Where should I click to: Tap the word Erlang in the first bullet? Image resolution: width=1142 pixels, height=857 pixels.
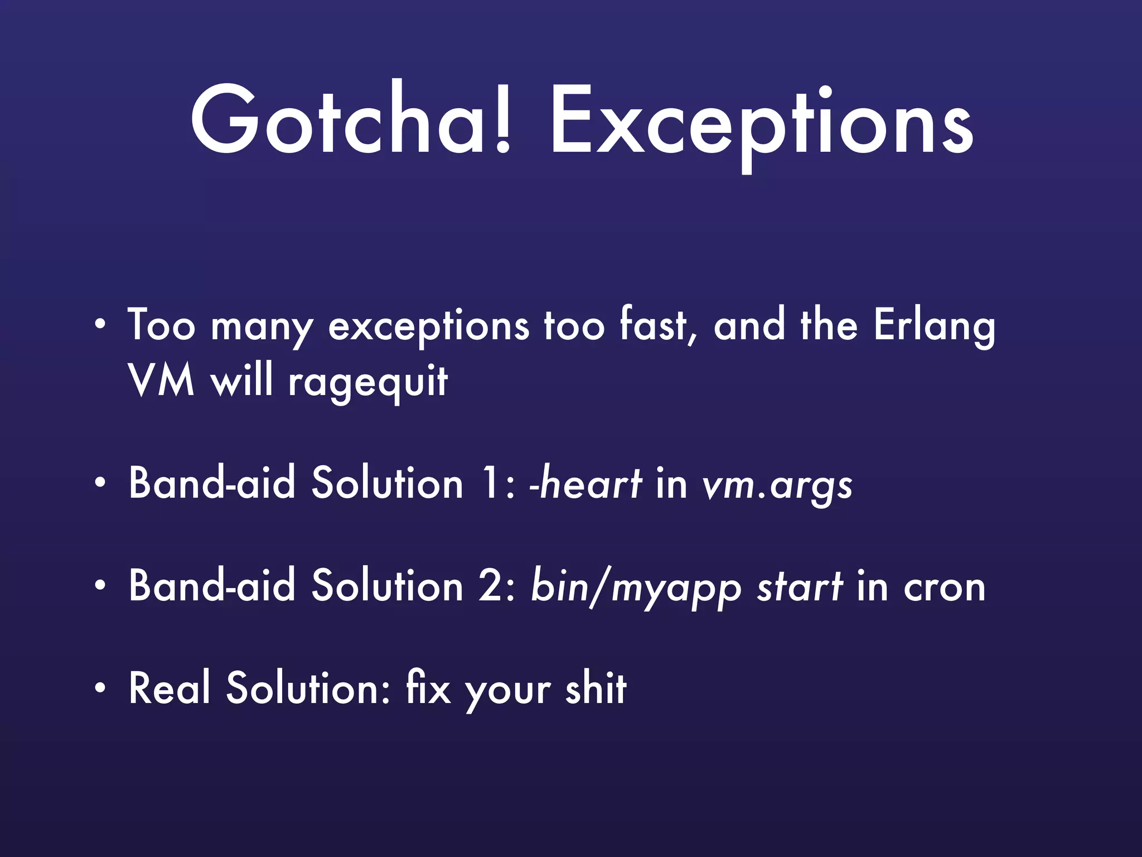point(935,326)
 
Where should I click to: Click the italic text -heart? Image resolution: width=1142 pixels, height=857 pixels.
point(585,483)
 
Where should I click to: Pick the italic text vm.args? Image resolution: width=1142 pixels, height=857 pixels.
point(777,485)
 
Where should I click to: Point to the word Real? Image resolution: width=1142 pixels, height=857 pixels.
point(170,689)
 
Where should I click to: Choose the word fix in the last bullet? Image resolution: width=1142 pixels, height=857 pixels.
point(428,689)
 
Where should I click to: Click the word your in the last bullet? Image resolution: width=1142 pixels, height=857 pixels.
point(509,692)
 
